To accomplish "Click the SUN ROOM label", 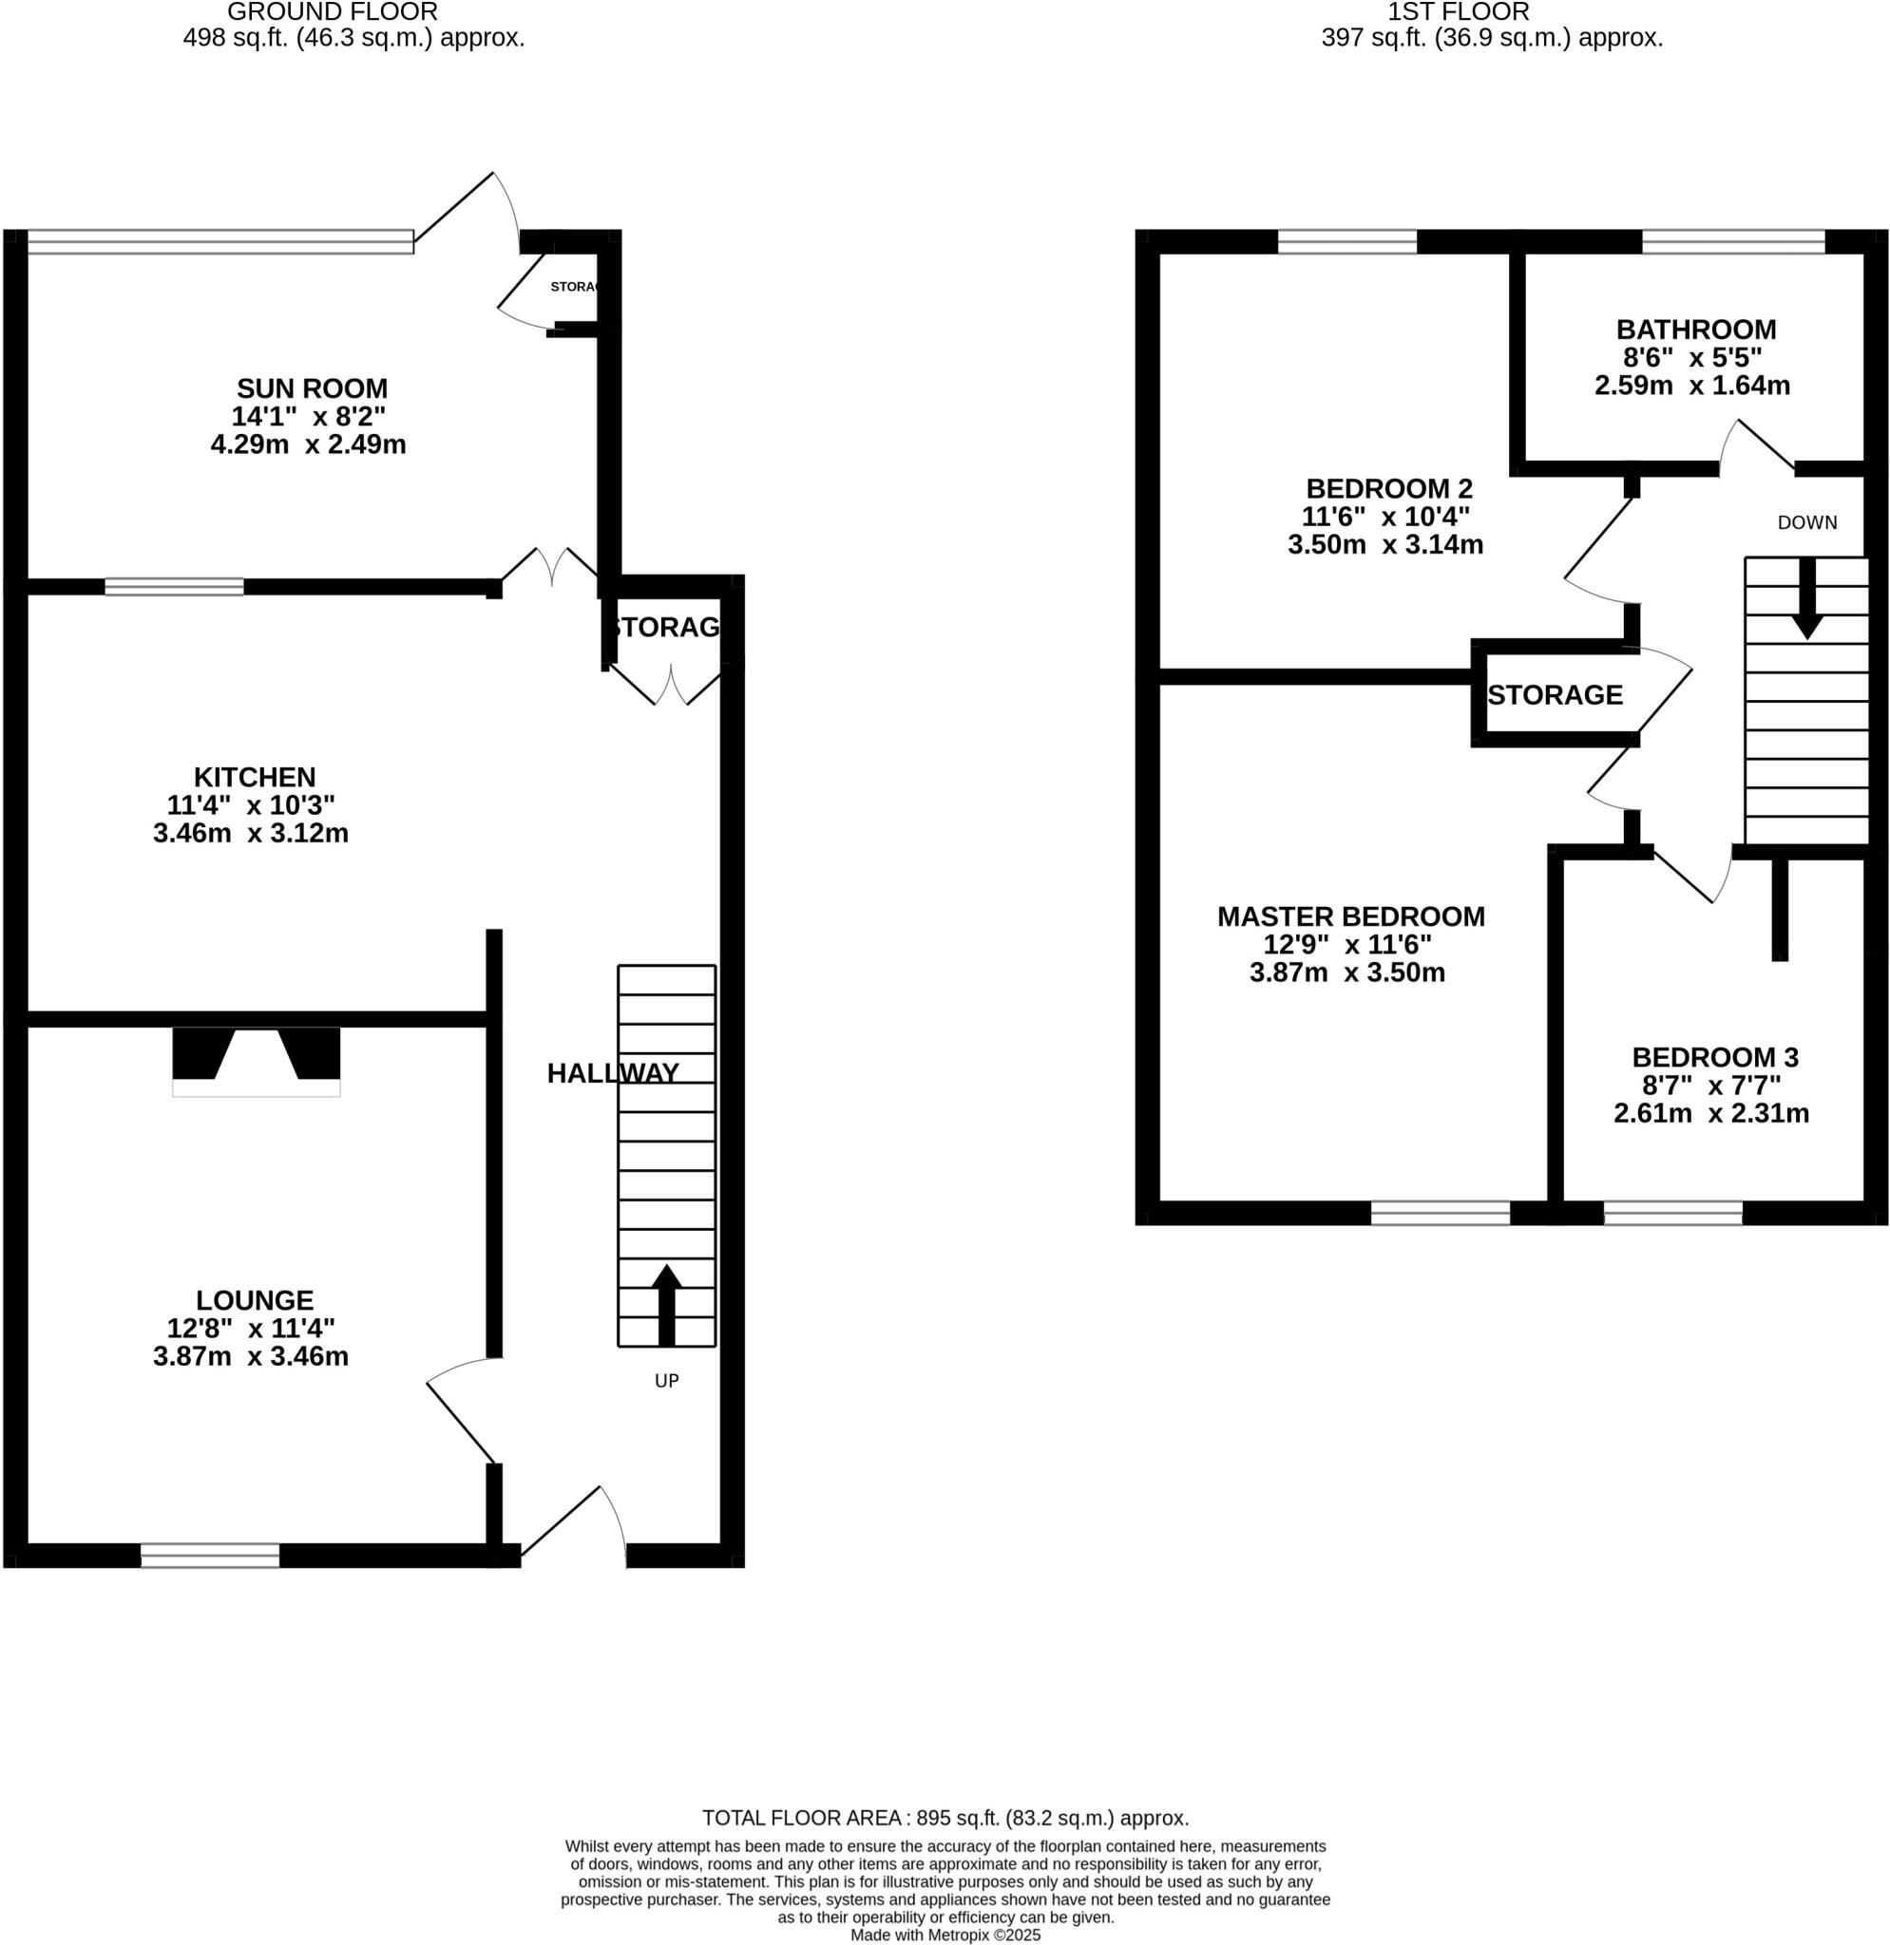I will [x=311, y=388].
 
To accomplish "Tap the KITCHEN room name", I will [x=254, y=777].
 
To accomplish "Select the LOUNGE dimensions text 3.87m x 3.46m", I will [x=250, y=1355].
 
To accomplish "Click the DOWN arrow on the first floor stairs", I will [x=1806, y=599].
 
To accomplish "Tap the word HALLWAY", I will [x=613, y=1073].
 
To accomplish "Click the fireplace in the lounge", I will [x=257, y=1060].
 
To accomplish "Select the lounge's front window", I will [x=209, y=1555].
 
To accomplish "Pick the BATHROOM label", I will [x=1695, y=330].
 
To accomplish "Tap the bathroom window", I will [x=1733, y=241].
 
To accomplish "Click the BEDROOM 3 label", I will [x=1714, y=1058].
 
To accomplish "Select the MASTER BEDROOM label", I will [x=1350, y=916].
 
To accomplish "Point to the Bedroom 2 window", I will [x=1346, y=241].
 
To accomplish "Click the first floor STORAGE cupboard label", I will [x=1555, y=694].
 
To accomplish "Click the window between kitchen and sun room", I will [x=174, y=587].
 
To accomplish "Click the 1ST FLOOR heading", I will [x=1458, y=12].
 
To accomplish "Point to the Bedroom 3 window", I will [x=1671, y=1213].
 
